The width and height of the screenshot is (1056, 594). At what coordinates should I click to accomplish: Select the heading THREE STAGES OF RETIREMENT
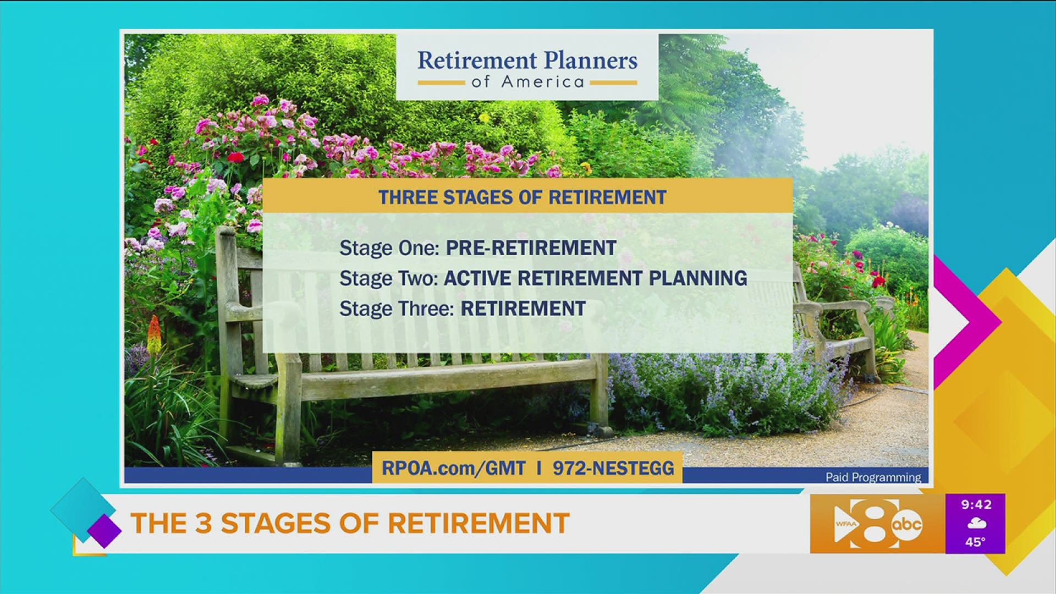click(x=522, y=197)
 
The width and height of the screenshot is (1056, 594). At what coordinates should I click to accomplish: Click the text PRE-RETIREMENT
click(x=531, y=248)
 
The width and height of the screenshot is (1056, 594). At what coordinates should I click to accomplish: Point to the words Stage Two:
click(x=388, y=278)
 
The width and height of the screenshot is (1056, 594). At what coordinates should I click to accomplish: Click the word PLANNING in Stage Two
click(x=697, y=278)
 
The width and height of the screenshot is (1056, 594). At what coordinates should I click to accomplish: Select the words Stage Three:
click(x=396, y=309)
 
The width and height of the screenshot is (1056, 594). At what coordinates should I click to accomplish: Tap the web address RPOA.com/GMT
click(x=453, y=468)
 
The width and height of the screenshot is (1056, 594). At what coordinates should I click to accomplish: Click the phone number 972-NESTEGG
click(x=613, y=468)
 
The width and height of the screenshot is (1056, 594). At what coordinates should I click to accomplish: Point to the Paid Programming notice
click(x=873, y=477)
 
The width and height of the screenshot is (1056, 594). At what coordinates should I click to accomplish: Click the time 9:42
click(x=976, y=504)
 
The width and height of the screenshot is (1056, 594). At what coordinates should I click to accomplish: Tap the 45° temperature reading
click(x=975, y=542)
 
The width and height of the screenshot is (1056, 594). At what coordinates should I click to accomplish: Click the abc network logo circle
click(x=906, y=524)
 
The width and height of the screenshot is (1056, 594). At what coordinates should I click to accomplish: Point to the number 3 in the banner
click(x=203, y=523)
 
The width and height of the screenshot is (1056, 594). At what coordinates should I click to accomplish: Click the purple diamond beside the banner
click(x=104, y=531)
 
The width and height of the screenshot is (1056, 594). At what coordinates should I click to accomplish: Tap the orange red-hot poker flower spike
click(x=154, y=335)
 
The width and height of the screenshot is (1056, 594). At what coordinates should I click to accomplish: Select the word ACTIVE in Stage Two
click(x=477, y=278)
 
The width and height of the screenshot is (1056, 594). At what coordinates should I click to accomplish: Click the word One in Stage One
click(x=419, y=248)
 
